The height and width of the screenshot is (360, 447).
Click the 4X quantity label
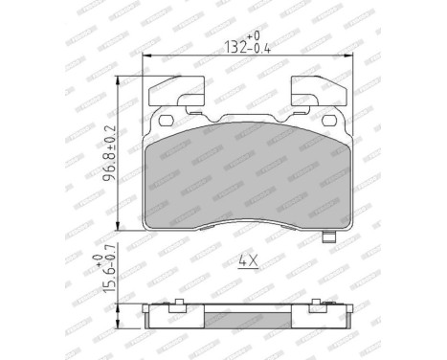pos(246,259)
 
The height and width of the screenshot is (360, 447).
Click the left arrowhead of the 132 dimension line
pos(146,56)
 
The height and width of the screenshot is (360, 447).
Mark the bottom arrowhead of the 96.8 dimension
pos(119,226)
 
